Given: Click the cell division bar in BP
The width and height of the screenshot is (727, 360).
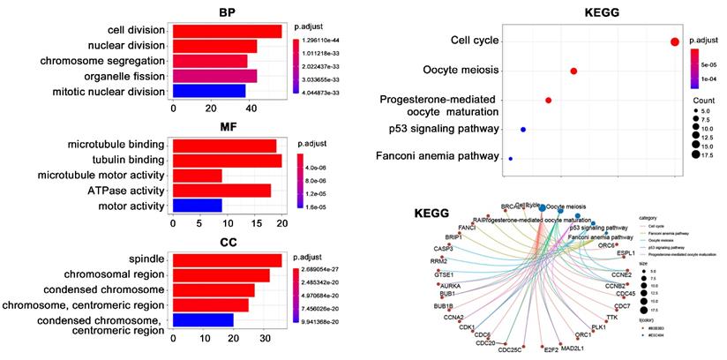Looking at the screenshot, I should click(227, 31).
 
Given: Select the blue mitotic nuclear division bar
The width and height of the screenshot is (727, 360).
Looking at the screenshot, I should click(208, 90).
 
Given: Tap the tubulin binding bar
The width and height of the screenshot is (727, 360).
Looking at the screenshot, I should click(227, 160).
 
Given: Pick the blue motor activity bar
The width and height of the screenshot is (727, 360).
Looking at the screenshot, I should click(197, 206).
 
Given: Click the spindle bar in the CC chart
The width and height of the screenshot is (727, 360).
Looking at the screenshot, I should click(227, 259).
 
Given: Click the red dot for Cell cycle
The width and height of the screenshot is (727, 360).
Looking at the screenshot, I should click(674, 41).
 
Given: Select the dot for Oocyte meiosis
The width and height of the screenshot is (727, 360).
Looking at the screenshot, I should click(574, 71).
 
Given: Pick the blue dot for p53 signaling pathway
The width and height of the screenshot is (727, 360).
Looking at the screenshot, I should click(523, 130).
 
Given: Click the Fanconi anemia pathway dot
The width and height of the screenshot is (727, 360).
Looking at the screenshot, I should click(510, 159).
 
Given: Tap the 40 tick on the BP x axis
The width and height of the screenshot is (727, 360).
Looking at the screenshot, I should click(251, 108).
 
